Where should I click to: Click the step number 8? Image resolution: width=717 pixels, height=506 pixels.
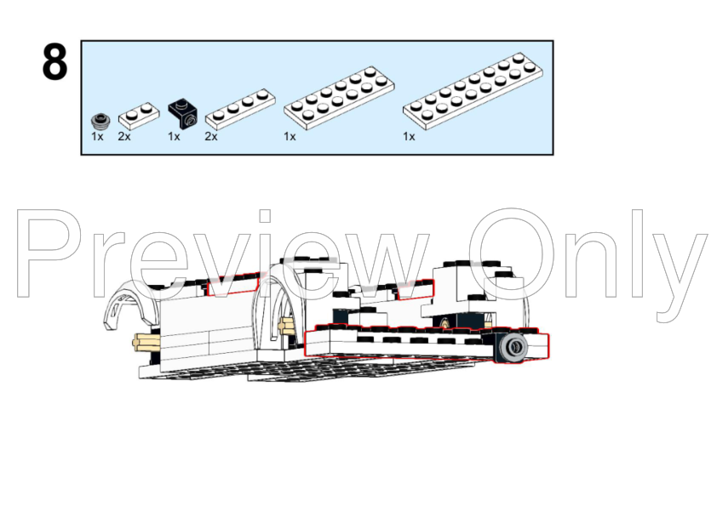54,62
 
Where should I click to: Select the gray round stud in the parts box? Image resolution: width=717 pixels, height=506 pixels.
100,121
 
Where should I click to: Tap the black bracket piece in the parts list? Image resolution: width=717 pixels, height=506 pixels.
183,115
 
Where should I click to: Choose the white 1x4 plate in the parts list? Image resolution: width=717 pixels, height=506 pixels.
240,110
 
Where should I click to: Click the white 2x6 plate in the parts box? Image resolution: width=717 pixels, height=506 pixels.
339,98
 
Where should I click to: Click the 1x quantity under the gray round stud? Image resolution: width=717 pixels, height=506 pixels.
97,137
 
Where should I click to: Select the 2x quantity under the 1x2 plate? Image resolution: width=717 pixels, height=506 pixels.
124,137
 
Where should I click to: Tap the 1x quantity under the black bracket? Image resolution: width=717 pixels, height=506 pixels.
174,137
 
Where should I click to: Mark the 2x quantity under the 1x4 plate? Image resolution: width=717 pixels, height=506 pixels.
211,137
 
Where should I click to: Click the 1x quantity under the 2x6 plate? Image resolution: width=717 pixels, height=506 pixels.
290,137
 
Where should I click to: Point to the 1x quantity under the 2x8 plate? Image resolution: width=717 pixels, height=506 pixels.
410,137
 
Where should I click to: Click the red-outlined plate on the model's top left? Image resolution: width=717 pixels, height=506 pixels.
233,285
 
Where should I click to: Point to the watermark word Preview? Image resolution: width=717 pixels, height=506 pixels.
224,254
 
